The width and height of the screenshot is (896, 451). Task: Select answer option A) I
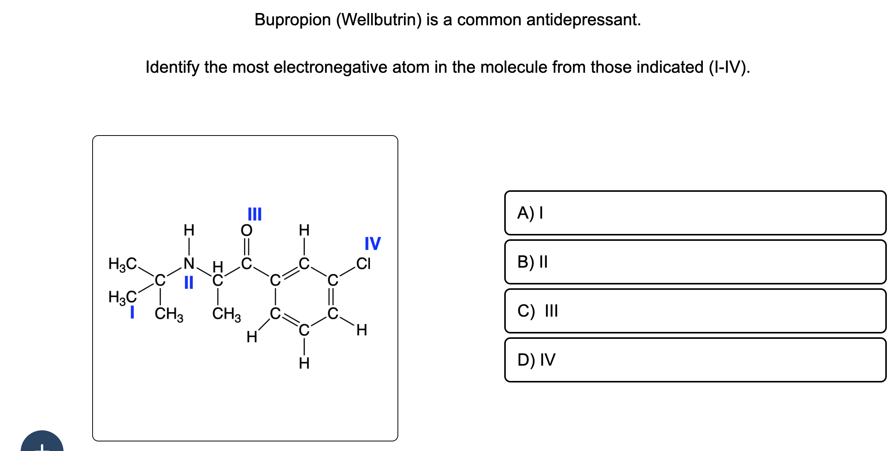point(695,213)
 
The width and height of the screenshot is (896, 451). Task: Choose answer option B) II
point(695,262)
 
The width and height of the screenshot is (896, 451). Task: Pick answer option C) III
point(695,311)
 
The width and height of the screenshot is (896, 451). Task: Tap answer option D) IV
point(695,360)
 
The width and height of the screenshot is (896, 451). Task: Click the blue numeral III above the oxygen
point(254,214)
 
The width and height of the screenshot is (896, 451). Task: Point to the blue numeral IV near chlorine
point(372,243)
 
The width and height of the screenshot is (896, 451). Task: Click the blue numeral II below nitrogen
point(189,283)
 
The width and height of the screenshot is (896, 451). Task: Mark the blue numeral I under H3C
point(132,312)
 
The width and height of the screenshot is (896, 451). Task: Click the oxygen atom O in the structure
point(247,230)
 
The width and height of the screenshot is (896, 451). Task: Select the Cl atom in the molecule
point(363,263)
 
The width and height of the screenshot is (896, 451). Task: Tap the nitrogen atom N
point(189,263)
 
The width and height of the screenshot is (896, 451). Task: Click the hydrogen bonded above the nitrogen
point(189,230)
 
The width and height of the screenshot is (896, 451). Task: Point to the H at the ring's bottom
point(304,363)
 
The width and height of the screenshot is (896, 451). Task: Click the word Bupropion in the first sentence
point(293,20)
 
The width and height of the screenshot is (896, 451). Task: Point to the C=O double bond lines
point(247,247)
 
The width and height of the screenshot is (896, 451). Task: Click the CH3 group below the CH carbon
point(226,314)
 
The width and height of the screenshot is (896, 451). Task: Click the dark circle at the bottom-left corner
point(42,442)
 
